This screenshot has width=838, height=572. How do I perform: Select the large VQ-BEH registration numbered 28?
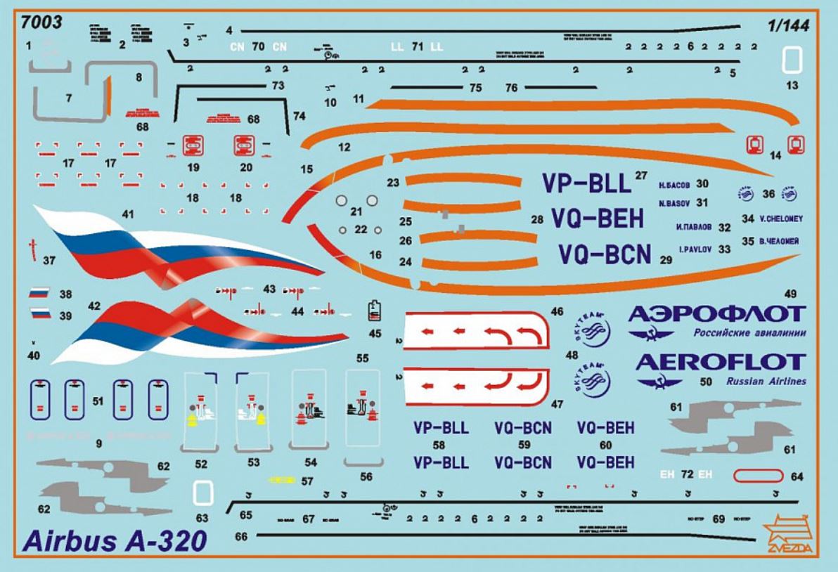coord(597,219)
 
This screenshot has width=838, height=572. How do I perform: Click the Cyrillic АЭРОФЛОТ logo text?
coord(715,313)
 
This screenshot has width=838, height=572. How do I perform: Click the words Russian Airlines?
coord(766,382)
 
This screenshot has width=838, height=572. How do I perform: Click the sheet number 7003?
coord(42,22)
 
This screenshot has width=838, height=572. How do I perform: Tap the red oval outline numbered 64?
coord(757,476)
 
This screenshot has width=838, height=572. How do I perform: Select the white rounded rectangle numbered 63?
coord(202,493)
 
